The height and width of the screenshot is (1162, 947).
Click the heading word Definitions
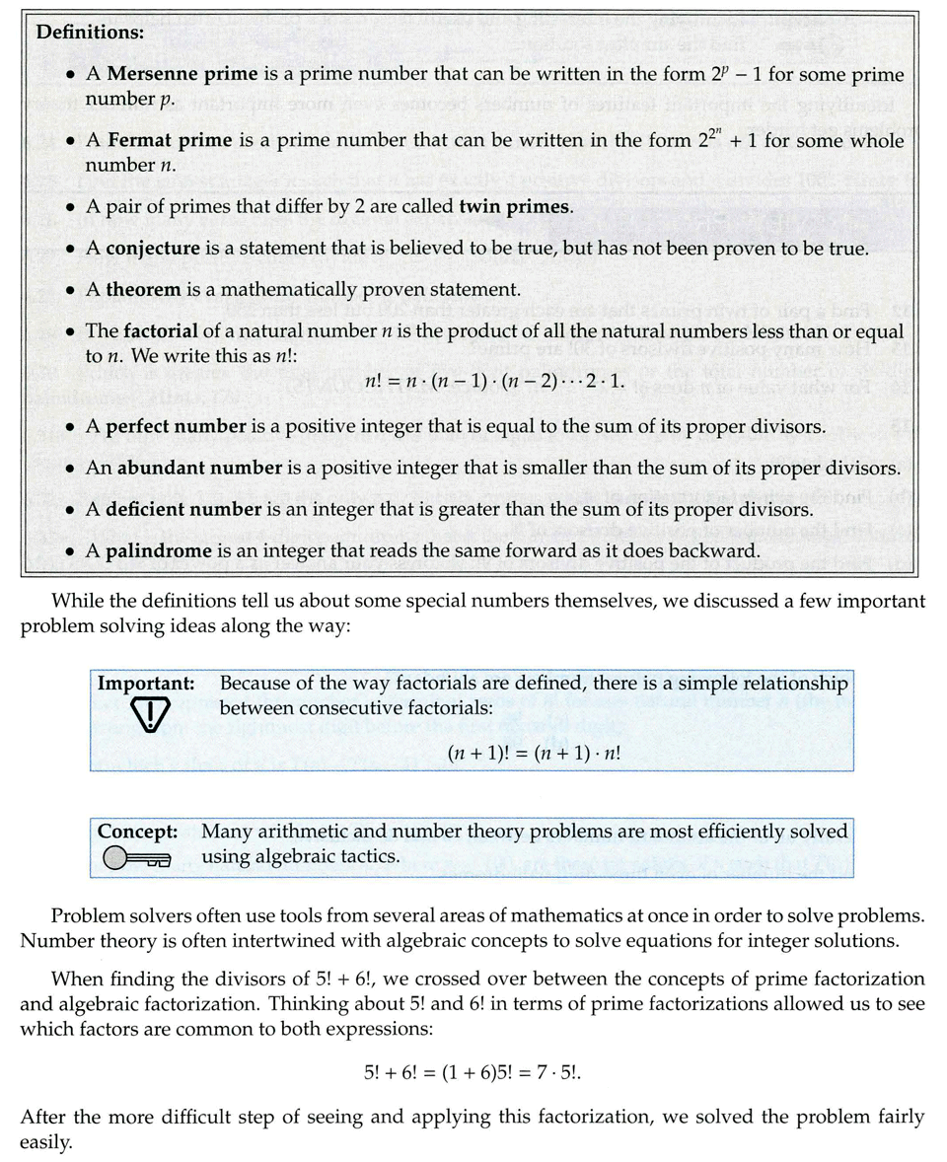coord(90,31)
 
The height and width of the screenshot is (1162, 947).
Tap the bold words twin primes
coord(516,206)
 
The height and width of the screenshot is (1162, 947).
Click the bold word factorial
coord(163,332)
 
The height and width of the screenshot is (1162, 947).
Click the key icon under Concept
coord(136,858)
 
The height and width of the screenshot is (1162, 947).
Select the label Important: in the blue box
coord(145,683)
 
